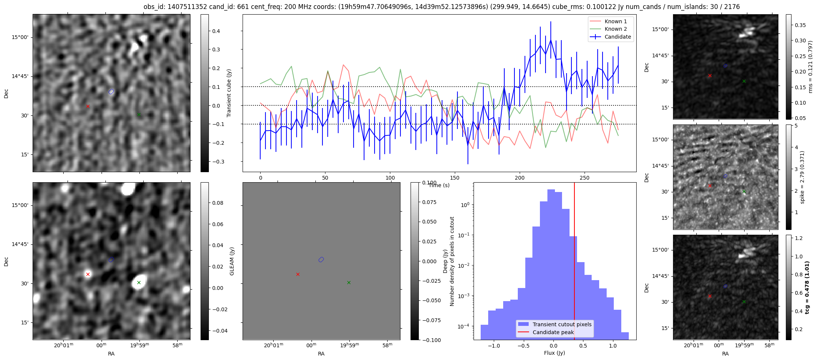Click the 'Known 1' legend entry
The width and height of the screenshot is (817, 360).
(x=615, y=21)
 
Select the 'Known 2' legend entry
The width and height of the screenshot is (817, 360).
(x=615, y=29)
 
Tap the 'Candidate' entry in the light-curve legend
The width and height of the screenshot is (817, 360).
(x=618, y=37)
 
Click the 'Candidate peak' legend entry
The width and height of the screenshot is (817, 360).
(x=553, y=332)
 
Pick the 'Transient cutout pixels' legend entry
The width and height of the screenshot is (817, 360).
(x=562, y=324)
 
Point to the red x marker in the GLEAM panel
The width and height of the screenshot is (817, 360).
(x=298, y=274)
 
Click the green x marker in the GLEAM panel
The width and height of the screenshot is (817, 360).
(x=349, y=282)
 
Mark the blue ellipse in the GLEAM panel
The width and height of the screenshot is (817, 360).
(x=321, y=259)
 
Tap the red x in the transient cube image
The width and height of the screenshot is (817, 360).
(x=88, y=106)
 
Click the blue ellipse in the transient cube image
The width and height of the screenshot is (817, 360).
(x=111, y=91)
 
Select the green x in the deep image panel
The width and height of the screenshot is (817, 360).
(x=139, y=282)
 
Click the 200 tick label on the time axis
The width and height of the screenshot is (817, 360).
(x=520, y=177)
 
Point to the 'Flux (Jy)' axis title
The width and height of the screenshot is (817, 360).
(x=555, y=353)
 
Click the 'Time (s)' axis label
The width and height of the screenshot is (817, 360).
(x=439, y=185)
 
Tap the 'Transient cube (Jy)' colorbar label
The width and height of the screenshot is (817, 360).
(x=229, y=93)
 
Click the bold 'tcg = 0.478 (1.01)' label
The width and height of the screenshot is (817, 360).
(x=807, y=288)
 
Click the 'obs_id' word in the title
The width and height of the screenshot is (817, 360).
(x=153, y=7)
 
